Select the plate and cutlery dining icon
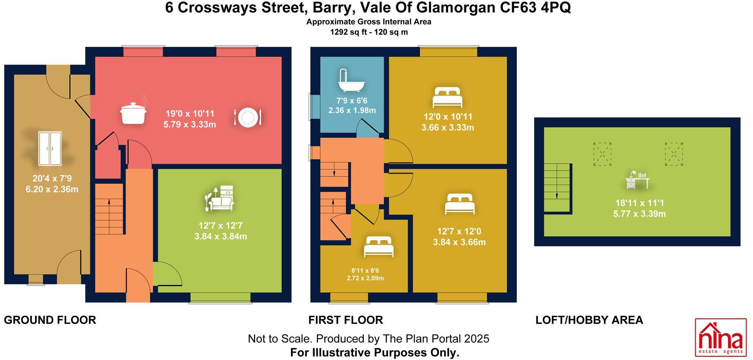[x=247, y=117]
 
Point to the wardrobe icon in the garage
[x=49, y=149]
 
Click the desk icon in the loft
[x=637, y=180]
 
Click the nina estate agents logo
[x=721, y=337]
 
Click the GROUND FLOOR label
[x=50, y=320]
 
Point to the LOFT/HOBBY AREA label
[x=589, y=320]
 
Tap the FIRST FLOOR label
[x=345, y=320]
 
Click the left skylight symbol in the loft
[x=602, y=154]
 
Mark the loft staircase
[x=557, y=188]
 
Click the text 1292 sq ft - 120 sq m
[x=369, y=32]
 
